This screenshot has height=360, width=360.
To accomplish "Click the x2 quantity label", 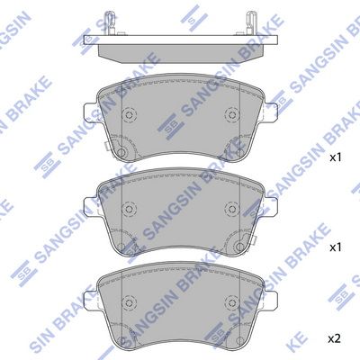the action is pos(335,339).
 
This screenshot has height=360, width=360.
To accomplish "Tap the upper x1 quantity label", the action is pos(336,157).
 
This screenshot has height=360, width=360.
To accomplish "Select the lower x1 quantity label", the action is pos(336,247).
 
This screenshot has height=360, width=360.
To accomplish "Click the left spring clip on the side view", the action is pos(109,22).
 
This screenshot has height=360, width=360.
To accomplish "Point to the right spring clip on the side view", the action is pos(251,22).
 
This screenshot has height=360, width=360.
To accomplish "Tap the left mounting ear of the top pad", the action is pos(91,112).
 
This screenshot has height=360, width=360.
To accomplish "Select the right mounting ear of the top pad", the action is pos(271,112).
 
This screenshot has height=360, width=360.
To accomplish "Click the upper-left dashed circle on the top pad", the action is pos(130,114).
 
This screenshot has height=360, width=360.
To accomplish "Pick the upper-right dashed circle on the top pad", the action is pos(231,114).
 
